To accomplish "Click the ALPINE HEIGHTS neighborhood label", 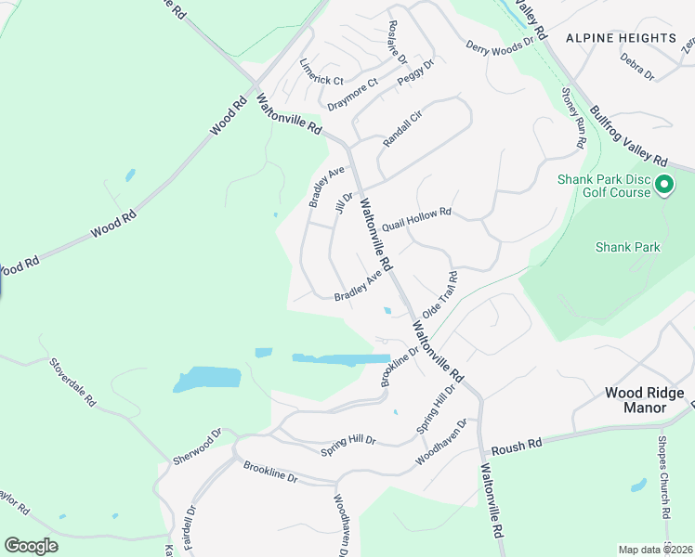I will click(621, 38).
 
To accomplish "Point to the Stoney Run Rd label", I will click(573, 118).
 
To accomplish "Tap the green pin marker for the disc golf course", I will click(663, 186).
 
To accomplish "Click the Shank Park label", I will click(627, 247).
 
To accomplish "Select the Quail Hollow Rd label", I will click(415, 220).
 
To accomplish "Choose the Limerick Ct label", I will click(321, 69).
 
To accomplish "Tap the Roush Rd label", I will click(516, 447).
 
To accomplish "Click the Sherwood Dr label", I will click(197, 447).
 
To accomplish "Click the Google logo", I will click(31, 546).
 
